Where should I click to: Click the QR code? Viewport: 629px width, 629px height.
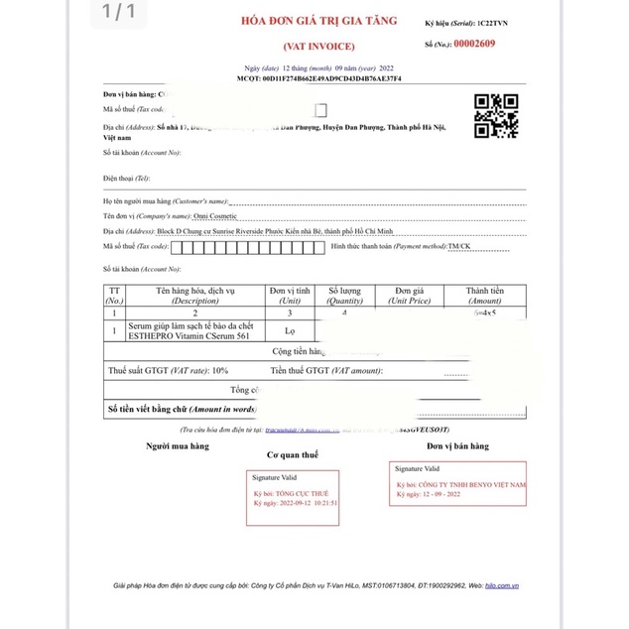pyautogui.click(x=495, y=116)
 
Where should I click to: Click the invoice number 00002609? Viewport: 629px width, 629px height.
pyautogui.click(x=474, y=44)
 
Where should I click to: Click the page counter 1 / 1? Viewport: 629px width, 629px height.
pyautogui.click(x=117, y=12)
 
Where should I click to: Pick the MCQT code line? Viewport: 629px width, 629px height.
pyautogui.click(x=318, y=78)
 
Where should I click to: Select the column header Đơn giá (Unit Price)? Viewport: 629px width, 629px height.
pyautogui.click(x=410, y=295)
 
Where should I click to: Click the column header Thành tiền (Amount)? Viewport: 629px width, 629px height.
pyautogui.click(x=484, y=295)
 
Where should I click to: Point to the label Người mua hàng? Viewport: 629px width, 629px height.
pyautogui.click(x=178, y=446)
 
